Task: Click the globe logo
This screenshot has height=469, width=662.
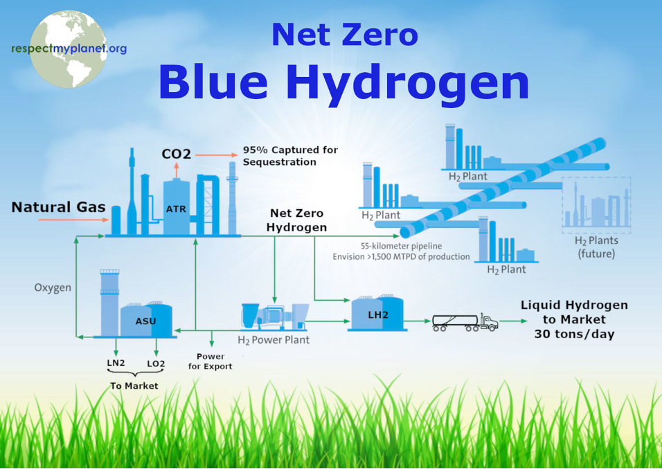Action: click(x=68, y=49)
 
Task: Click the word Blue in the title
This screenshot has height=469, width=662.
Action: click(x=214, y=82)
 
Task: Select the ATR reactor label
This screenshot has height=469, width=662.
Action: click(x=176, y=209)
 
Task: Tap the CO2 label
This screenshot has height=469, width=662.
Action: click(x=176, y=154)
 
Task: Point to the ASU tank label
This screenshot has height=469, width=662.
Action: click(x=145, y=321)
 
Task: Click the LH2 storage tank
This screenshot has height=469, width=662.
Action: click(x=377, y=312)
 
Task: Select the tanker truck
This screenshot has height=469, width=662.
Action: click(x=465, y=322)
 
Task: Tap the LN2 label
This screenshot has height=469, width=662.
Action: click(x=116, y=363)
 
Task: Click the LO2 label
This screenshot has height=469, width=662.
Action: click(x=156, y=364)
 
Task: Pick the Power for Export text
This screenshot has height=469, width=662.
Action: click(x=211, y=361)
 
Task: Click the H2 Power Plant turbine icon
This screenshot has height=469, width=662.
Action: click(x=274, y=316)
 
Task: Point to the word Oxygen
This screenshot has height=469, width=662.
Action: click(x=53, y=287)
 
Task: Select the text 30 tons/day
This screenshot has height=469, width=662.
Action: click(x=574, y=334)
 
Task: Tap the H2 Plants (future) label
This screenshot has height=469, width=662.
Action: click(x=596, y=247)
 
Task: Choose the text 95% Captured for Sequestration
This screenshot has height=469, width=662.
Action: click(x=290, y=156)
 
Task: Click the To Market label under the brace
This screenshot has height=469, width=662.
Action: click(x=134, y=386)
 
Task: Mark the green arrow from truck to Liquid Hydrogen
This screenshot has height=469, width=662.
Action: click(x=513, y=321)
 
